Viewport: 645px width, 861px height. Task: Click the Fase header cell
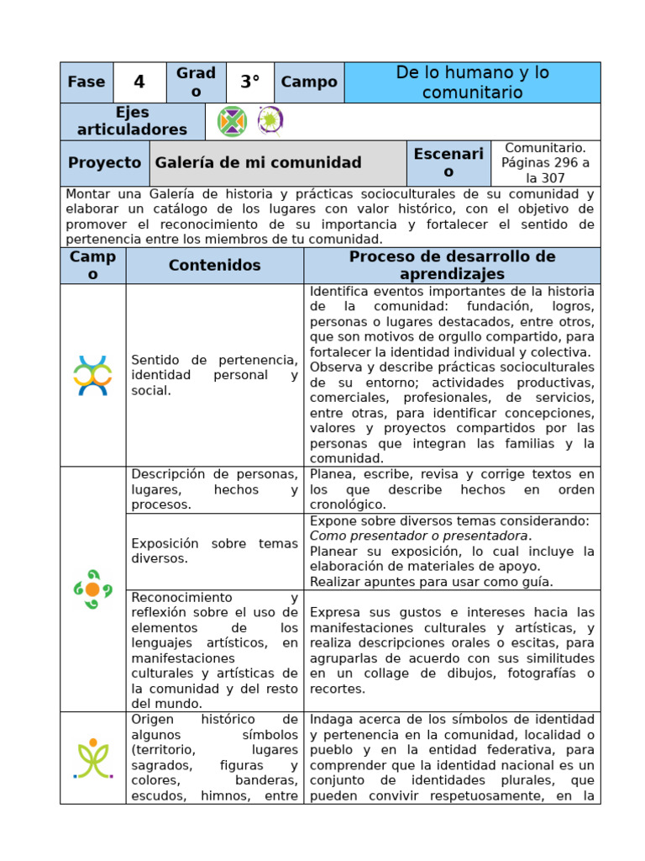pos(86,82)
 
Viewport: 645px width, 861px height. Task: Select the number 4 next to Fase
pos(139,82)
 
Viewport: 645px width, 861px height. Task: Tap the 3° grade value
pos(249,82)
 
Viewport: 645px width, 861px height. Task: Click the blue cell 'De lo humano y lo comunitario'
pos(472,82)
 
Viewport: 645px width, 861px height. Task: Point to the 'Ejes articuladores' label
pos(132,121)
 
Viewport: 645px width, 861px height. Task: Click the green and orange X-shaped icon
pos(232,122)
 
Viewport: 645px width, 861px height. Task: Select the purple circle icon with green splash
pos(270,121)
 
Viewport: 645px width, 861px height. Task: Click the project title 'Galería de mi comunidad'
pos(258,163)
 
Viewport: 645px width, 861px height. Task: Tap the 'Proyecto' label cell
pos(104,163)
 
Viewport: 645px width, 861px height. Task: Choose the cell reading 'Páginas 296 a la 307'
pos(545,163)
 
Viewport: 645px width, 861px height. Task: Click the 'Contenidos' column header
pos(214,266)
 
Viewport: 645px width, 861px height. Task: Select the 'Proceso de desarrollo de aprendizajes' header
pos(452,266)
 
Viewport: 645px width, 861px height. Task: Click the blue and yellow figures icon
pos(92,375)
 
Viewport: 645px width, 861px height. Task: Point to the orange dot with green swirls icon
pos(92,589)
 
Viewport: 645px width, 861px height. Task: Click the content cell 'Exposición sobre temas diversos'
pos(214,551)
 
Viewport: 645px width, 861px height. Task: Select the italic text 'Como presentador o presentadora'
pos(420,536)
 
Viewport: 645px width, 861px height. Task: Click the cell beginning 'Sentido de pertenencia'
pos(214,375)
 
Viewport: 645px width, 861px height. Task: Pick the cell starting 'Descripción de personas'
pos(214,489)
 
